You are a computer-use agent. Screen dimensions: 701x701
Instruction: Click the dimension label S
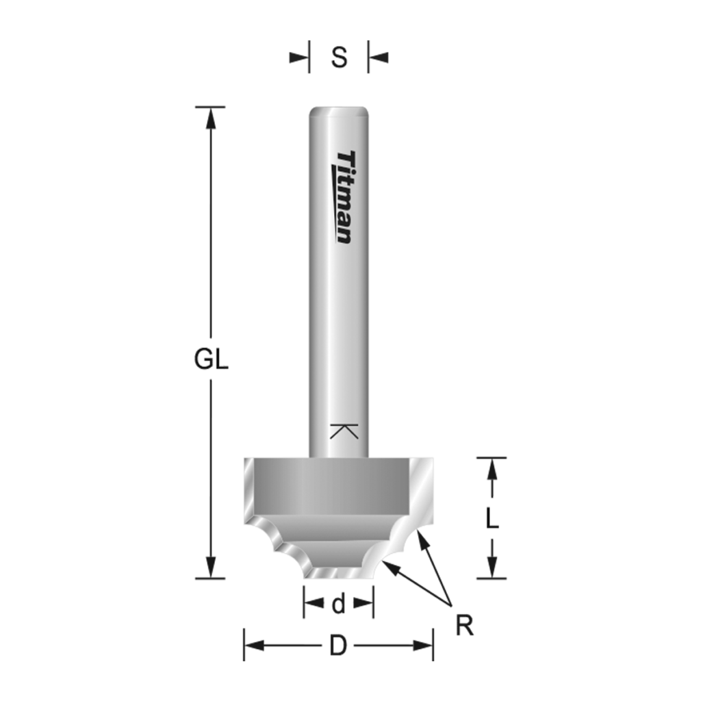(339, 58)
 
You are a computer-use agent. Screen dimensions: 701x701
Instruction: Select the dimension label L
(492, 519)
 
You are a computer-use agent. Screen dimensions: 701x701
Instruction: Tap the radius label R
(465, 626)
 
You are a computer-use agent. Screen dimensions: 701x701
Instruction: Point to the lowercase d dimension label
(338, 604)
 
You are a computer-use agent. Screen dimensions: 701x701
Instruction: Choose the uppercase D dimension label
(337, 646)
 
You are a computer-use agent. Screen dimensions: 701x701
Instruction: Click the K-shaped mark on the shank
(344, 431)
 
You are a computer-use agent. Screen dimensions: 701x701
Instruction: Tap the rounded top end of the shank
(338, 111)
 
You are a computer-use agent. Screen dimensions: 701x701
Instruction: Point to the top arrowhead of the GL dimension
(211, 118)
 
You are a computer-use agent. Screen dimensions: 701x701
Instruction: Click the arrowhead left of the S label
(300, 58)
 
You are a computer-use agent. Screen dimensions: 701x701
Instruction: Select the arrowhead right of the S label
(378, 58)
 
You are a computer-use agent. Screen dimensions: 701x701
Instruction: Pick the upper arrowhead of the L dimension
(492, 468)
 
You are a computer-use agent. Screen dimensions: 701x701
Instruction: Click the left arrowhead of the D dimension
(254, 646)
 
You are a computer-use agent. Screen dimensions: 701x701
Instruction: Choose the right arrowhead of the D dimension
(423, 646)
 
